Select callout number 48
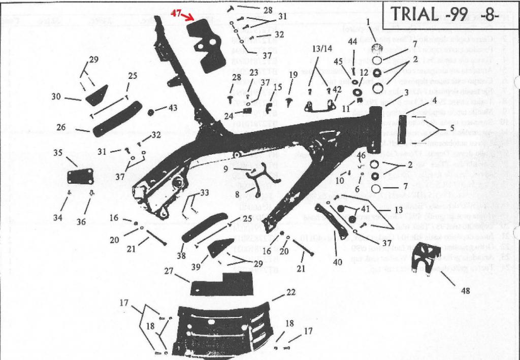click(465, 291)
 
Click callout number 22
click(290, 292)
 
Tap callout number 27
click(170, 272)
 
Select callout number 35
click(58, 152)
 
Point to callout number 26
click(61, 127)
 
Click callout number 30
click(56, 96)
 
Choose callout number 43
click(173, 108)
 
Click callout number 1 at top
click(368, 22)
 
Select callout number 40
click(337, 262)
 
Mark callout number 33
click(204, 193)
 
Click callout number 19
click(293, 75)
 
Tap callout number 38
click(181, 256)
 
